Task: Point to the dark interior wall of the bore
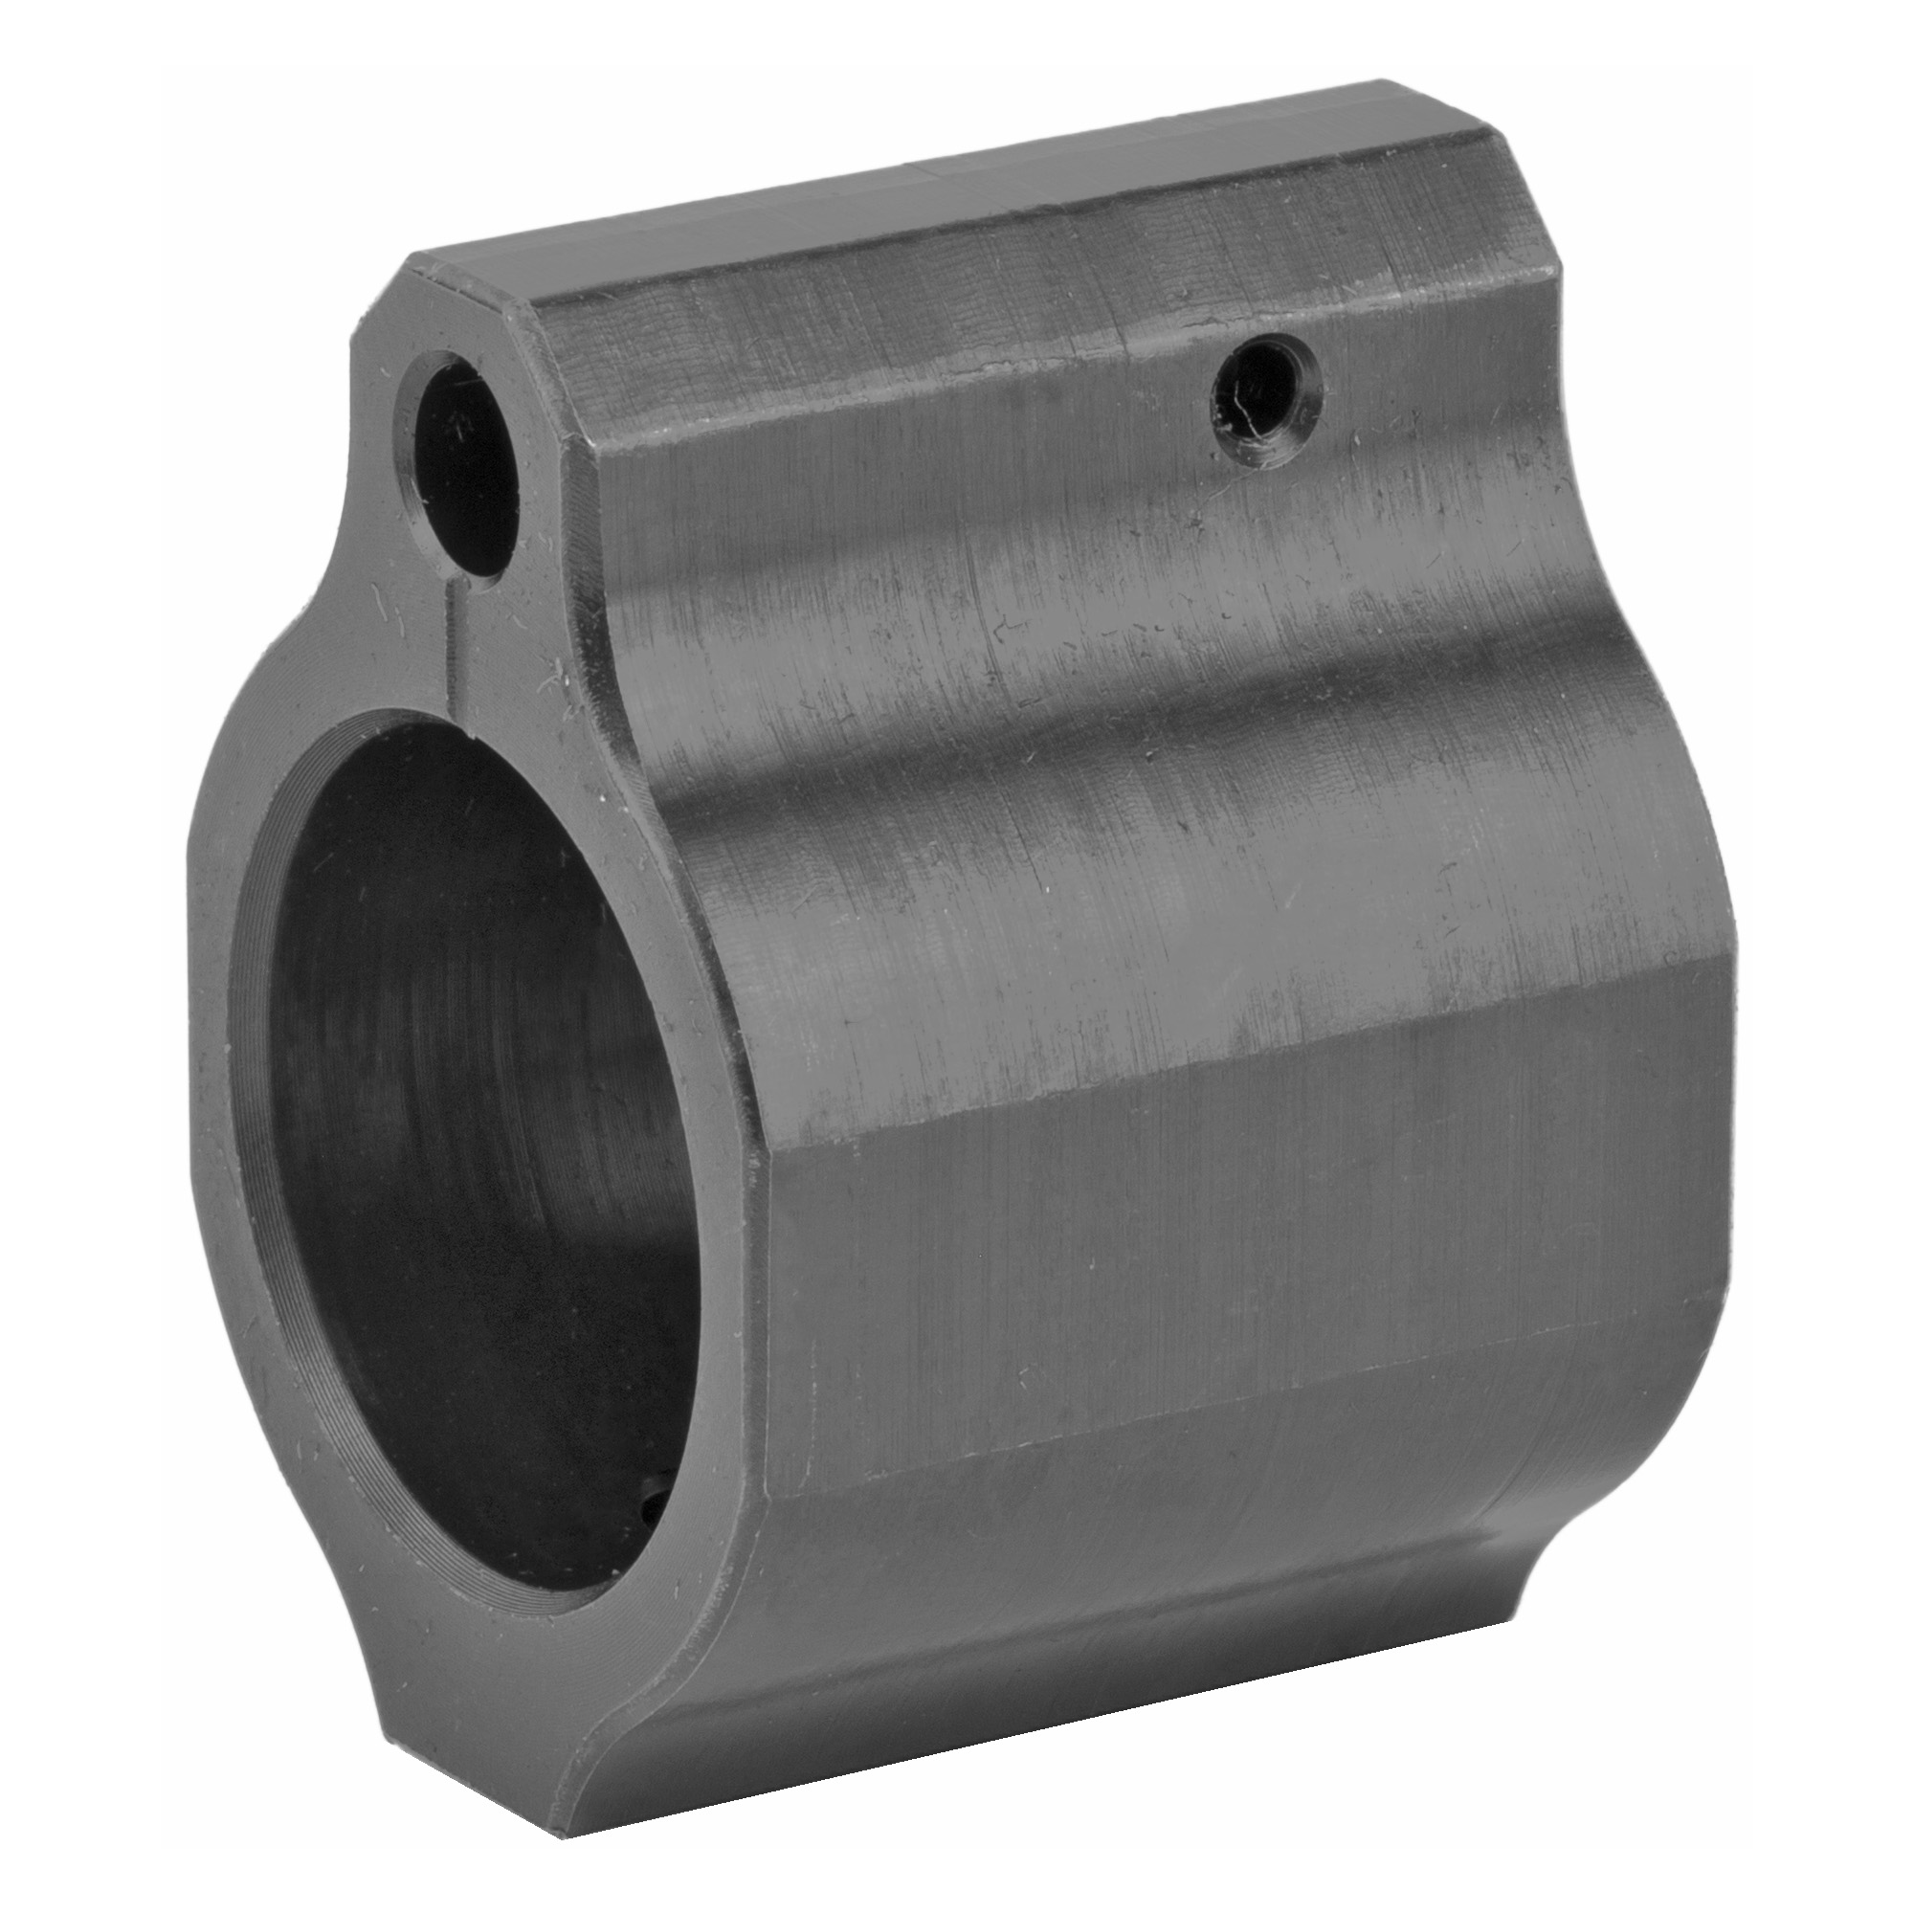point(396,990)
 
